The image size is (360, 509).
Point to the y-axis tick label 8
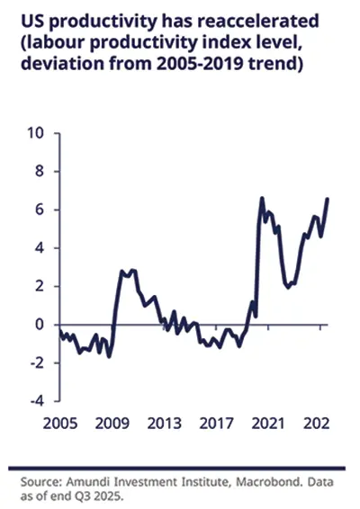(39, 172)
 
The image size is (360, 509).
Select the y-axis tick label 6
(39, 210)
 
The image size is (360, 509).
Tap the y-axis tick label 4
(39, 248)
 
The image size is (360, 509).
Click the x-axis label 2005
(60, 423)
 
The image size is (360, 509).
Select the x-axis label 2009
(113, 423)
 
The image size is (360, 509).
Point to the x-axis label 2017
(217, 423)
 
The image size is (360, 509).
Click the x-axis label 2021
(268, 423)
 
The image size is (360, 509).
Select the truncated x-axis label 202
(315, 423)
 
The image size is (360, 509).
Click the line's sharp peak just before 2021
(262, 198)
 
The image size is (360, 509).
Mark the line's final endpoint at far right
(328, 199)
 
